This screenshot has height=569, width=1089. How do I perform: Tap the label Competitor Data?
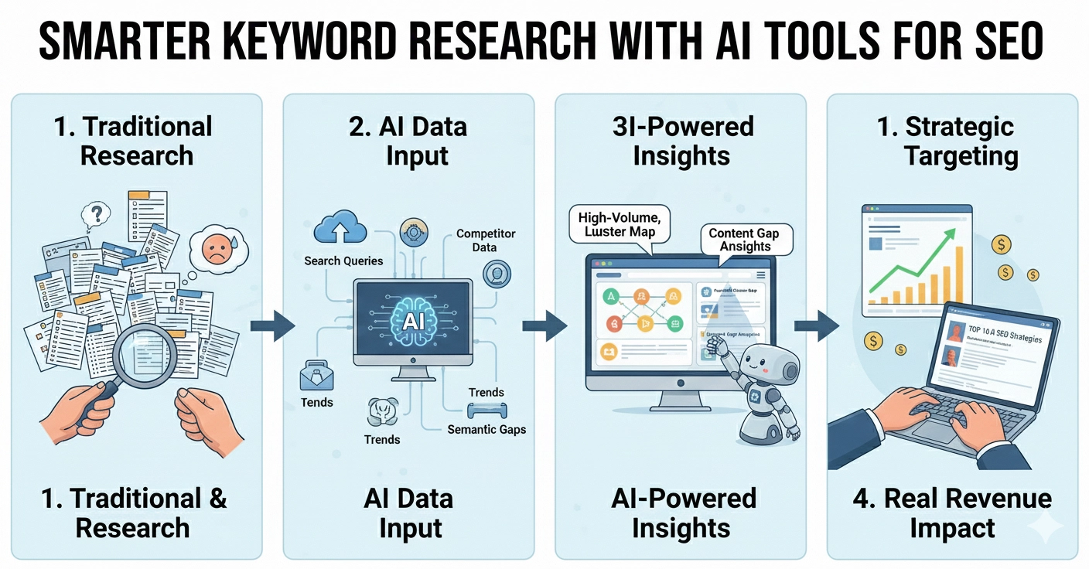(485, 240)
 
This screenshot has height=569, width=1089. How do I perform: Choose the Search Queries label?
(343, 261)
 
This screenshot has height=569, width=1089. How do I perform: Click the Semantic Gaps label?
(486, 429)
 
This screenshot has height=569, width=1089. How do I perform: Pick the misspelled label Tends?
(316, 403)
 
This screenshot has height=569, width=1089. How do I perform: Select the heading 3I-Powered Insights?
(681, 141)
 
